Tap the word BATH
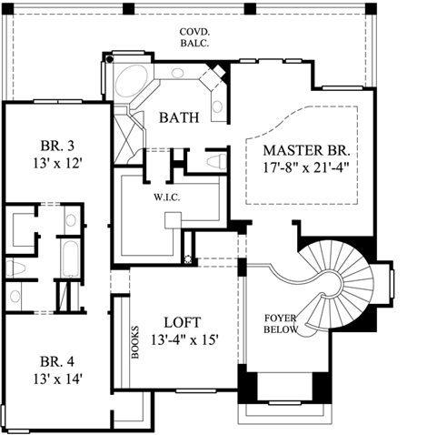(x=181, y=118)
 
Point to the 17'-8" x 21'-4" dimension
(x=307, y=167)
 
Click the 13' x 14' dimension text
(x=52, y=379)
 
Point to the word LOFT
(x=184, y=322)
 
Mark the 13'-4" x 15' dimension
(x=184, y=340)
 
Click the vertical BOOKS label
(x=134, y=341)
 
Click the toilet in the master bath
(x=215, y=161)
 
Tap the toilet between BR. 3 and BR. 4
(x=15, y=267)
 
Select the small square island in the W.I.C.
(x=174, y=221)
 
